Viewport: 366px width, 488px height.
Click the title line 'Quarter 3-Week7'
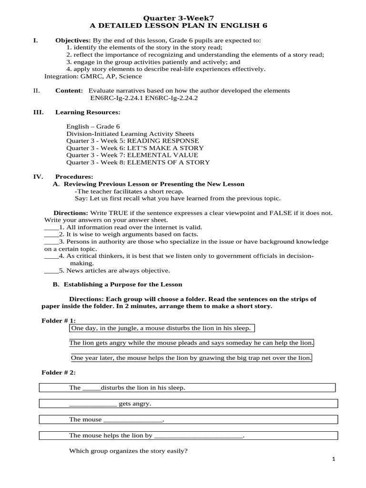coord(183,17)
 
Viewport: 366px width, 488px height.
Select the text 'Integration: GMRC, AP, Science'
coord(93,76)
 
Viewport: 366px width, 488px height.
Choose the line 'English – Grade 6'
coord(93,127)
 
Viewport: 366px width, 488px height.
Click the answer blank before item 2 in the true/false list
coord(51,234)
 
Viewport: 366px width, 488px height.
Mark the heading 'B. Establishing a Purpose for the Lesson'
coord(117,285)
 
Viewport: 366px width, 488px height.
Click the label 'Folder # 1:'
coord(59,320)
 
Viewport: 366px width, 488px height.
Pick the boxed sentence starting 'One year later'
coord(191,357)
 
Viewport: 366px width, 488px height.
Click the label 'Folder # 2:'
coord(59,372)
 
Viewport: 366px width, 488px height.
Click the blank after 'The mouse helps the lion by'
coord(199,436)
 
